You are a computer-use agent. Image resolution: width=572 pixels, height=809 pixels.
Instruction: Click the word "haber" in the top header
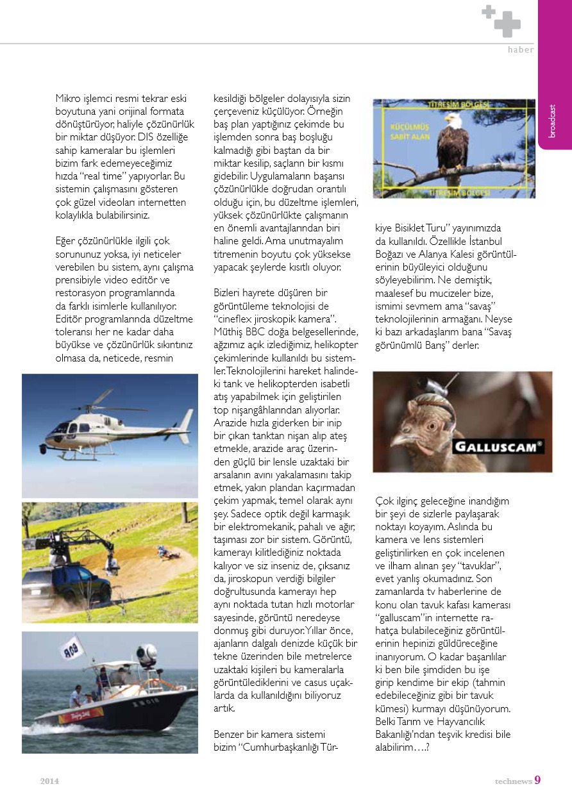click(x=520, y=50)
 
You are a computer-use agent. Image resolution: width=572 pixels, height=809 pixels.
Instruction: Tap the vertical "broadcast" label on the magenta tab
click(x=553, y=121)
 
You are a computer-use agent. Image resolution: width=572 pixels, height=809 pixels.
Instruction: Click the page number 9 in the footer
click(x=537, y=780)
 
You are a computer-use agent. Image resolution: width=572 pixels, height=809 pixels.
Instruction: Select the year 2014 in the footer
click(x=49, y=781)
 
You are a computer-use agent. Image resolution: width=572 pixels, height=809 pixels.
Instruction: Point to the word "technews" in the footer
click(x=513, y=781)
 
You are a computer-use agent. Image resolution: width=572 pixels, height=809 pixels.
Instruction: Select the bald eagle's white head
click(x=453, y=120)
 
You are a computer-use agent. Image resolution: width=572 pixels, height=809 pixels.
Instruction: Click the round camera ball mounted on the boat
click(x=147, y=655)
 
